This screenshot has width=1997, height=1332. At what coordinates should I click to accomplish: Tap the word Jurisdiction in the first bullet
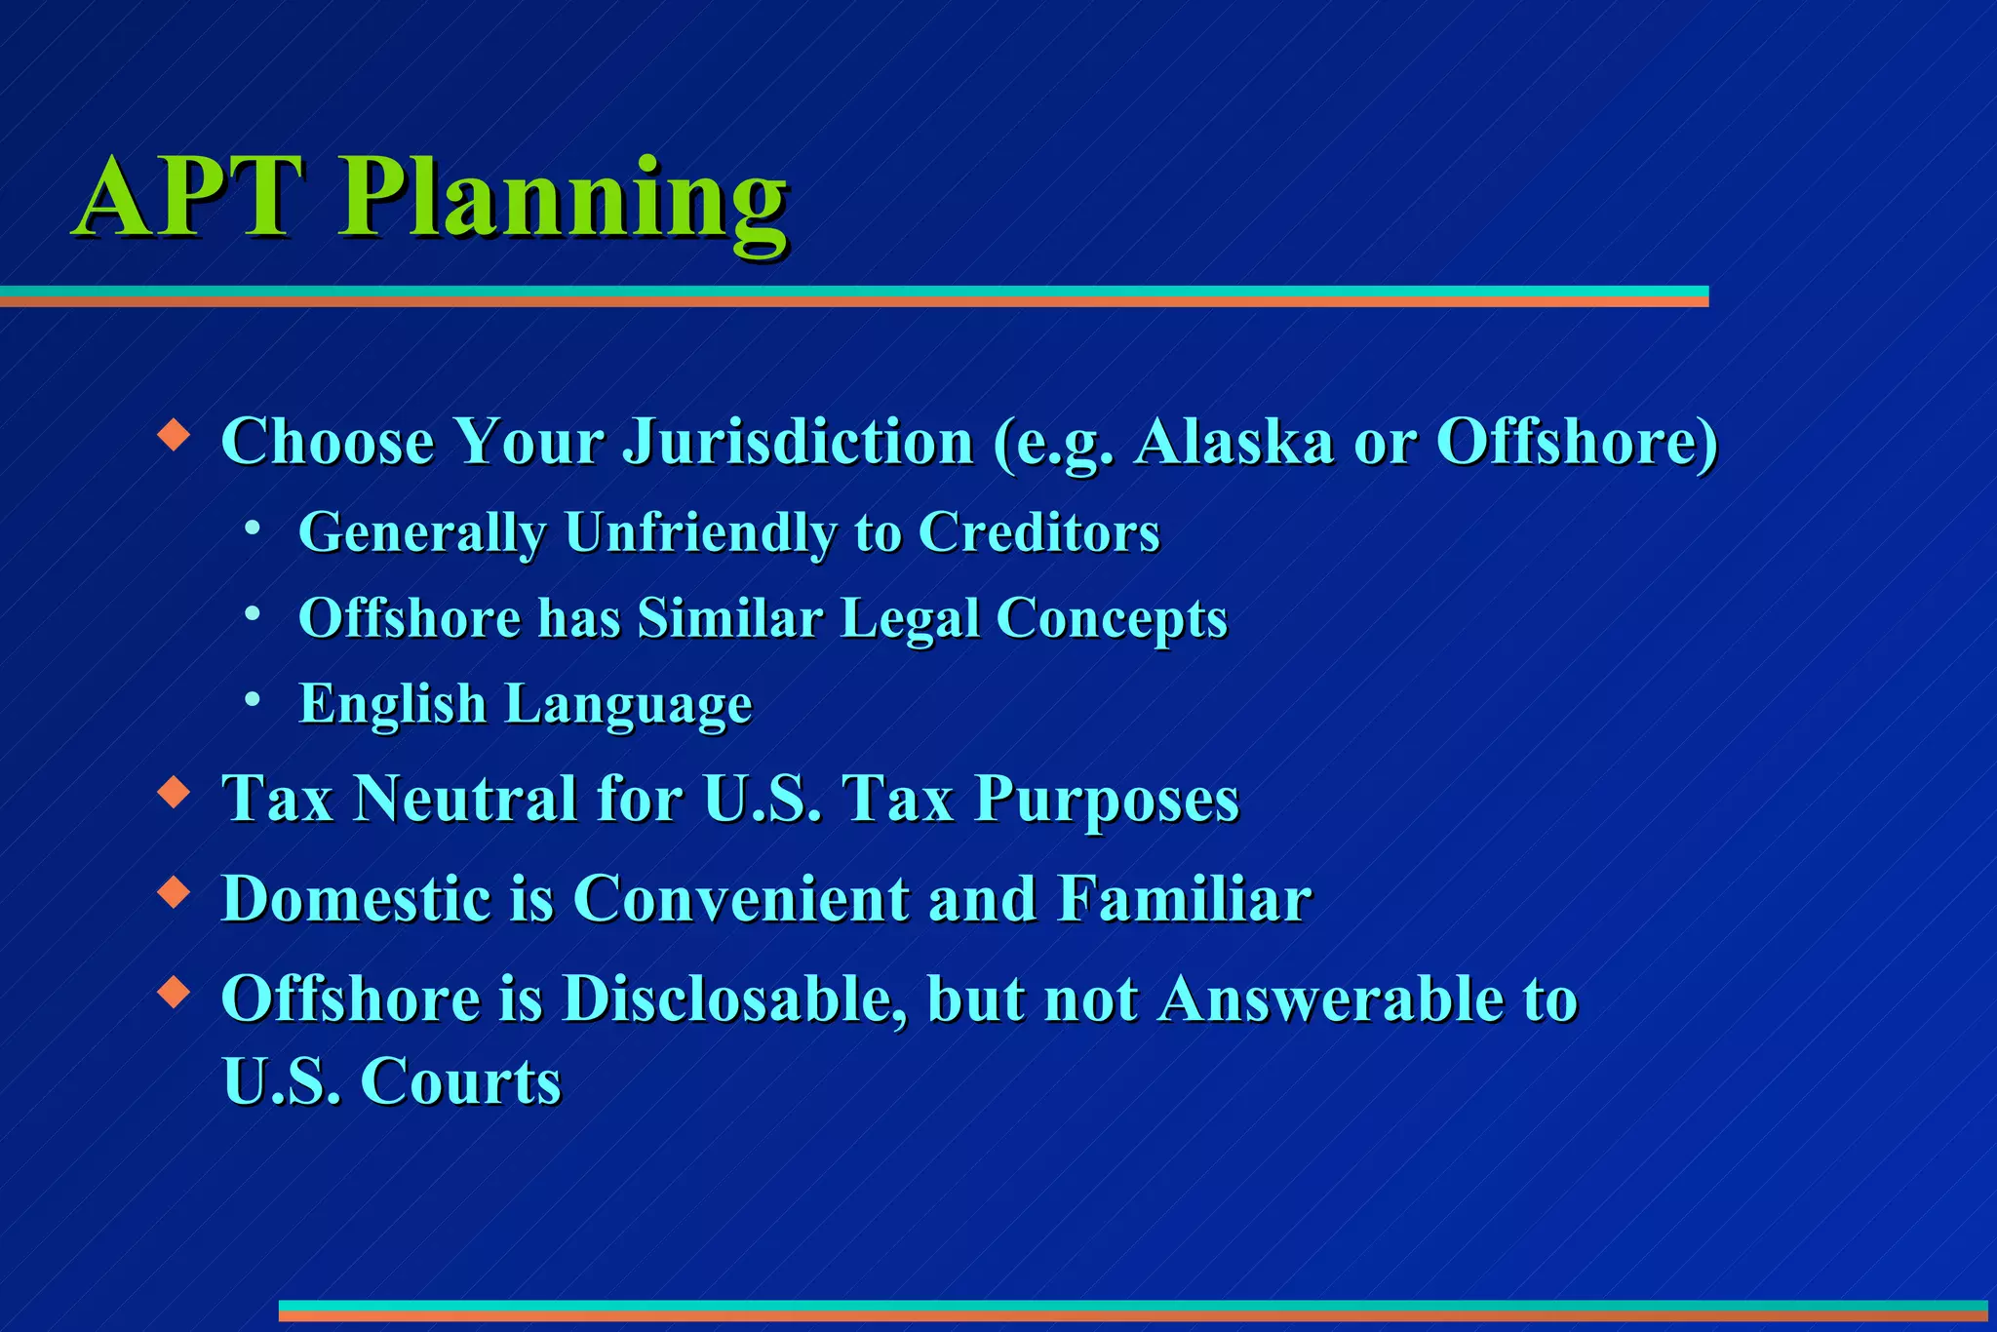pyautogui.click(x=798, y=443)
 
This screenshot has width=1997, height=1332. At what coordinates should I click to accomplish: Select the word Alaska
pyautogui.click(x=1233, y=443)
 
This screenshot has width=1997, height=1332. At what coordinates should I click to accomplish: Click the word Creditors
pyautogui.click(x=1038, y=533)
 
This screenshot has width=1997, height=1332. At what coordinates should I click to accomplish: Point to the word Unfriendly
pyautogui.click(x=700, y=533)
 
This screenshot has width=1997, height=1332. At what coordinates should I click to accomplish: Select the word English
pyautogui.click(x=392, y=704)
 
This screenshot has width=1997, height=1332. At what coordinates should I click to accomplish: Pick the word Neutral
pyautogui.click(x=466, y=800)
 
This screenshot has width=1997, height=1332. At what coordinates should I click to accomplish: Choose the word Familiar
pyautogui.click(x=1184, y=898)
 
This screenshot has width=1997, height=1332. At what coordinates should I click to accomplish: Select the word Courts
pyautogui.click(x=461, y=1082)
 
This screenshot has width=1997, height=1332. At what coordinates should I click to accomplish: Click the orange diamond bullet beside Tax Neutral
pyautogui.click(x=174, y=791)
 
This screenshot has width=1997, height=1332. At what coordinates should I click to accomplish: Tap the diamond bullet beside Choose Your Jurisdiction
pyautogui.click(x=174, y=433)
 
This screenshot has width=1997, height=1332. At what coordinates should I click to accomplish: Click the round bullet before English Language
pyautogui.click(x=253, y=699)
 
